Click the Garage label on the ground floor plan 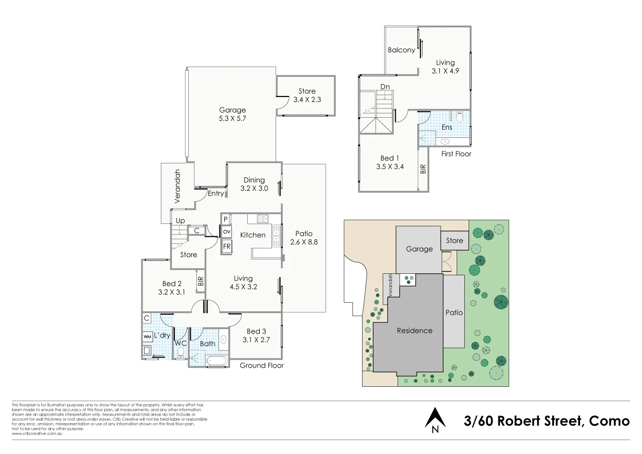click(232, 110)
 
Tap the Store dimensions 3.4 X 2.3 click(307, 99)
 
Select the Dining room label click(254, 180)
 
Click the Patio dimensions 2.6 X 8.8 click(304, 242)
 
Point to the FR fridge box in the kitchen click(227, 246)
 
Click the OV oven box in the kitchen click(227, 232)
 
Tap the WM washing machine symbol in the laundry click(147, 337)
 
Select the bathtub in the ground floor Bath click(216, 361)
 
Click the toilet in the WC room click(181, 354)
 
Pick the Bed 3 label click(256, 331)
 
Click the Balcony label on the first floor click(401, 50)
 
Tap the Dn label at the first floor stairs click(385, 86)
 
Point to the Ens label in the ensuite click(447, 127)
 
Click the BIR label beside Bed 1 click(423, 169)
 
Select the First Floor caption click(456, 154)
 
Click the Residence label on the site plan click(414, 331)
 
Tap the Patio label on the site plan click(454, 312)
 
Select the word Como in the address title click(609, 421)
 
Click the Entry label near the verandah click(216, 194)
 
